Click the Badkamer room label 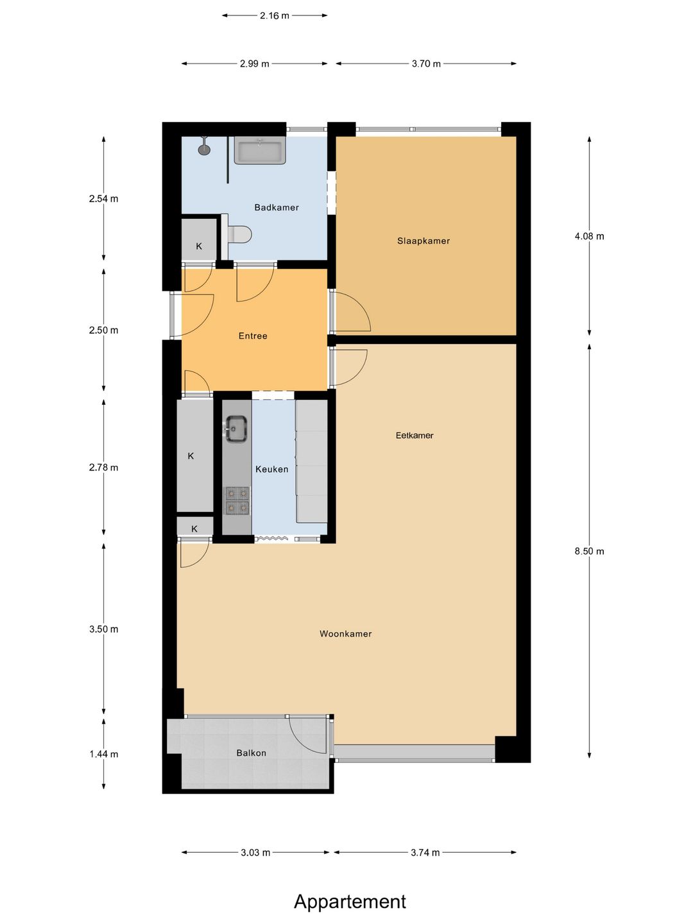tap(277, 207)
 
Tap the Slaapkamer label tap(424, 241)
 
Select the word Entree tap(252, 336)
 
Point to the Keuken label tap(272, 469)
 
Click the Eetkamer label tap(415, 435)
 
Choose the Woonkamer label tap(345, 633)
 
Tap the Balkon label tap(251, 753)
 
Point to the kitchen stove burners tap(237, 501)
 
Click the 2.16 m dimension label tap(275, 15)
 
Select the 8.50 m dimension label tap(589, 551)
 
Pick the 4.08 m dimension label tap(589, 236)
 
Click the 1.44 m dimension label tap(103, 754)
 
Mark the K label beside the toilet tap(199, 246)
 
